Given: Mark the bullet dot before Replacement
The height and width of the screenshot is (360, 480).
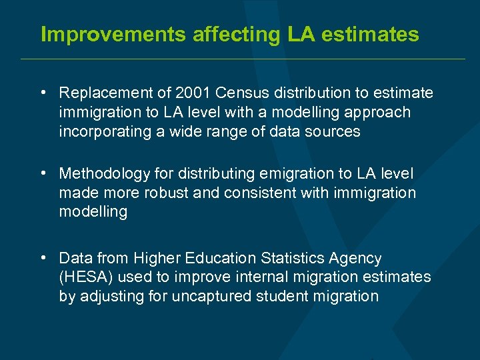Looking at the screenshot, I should point(43,93).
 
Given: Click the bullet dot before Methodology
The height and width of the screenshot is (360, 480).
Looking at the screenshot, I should point(43,173).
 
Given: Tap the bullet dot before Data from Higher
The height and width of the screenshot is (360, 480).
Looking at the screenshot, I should point(43,257).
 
